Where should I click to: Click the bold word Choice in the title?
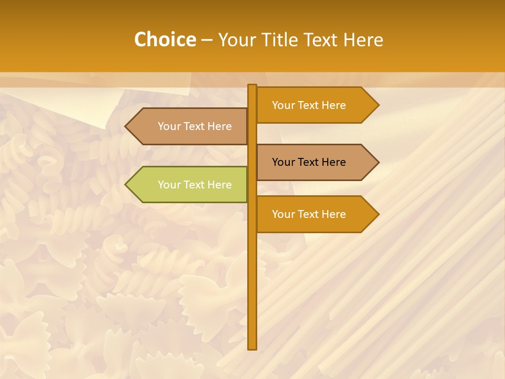pos(165,39)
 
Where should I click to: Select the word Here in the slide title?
pos(363,39)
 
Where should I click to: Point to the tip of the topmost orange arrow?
pos(378,105)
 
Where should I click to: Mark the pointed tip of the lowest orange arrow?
pos(378,214)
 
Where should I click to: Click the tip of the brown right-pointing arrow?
pos(378,162)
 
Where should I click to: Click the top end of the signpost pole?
pos(252,86)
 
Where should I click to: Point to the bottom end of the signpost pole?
pos(252,348)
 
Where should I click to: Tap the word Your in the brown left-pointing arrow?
pos(169,126)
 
